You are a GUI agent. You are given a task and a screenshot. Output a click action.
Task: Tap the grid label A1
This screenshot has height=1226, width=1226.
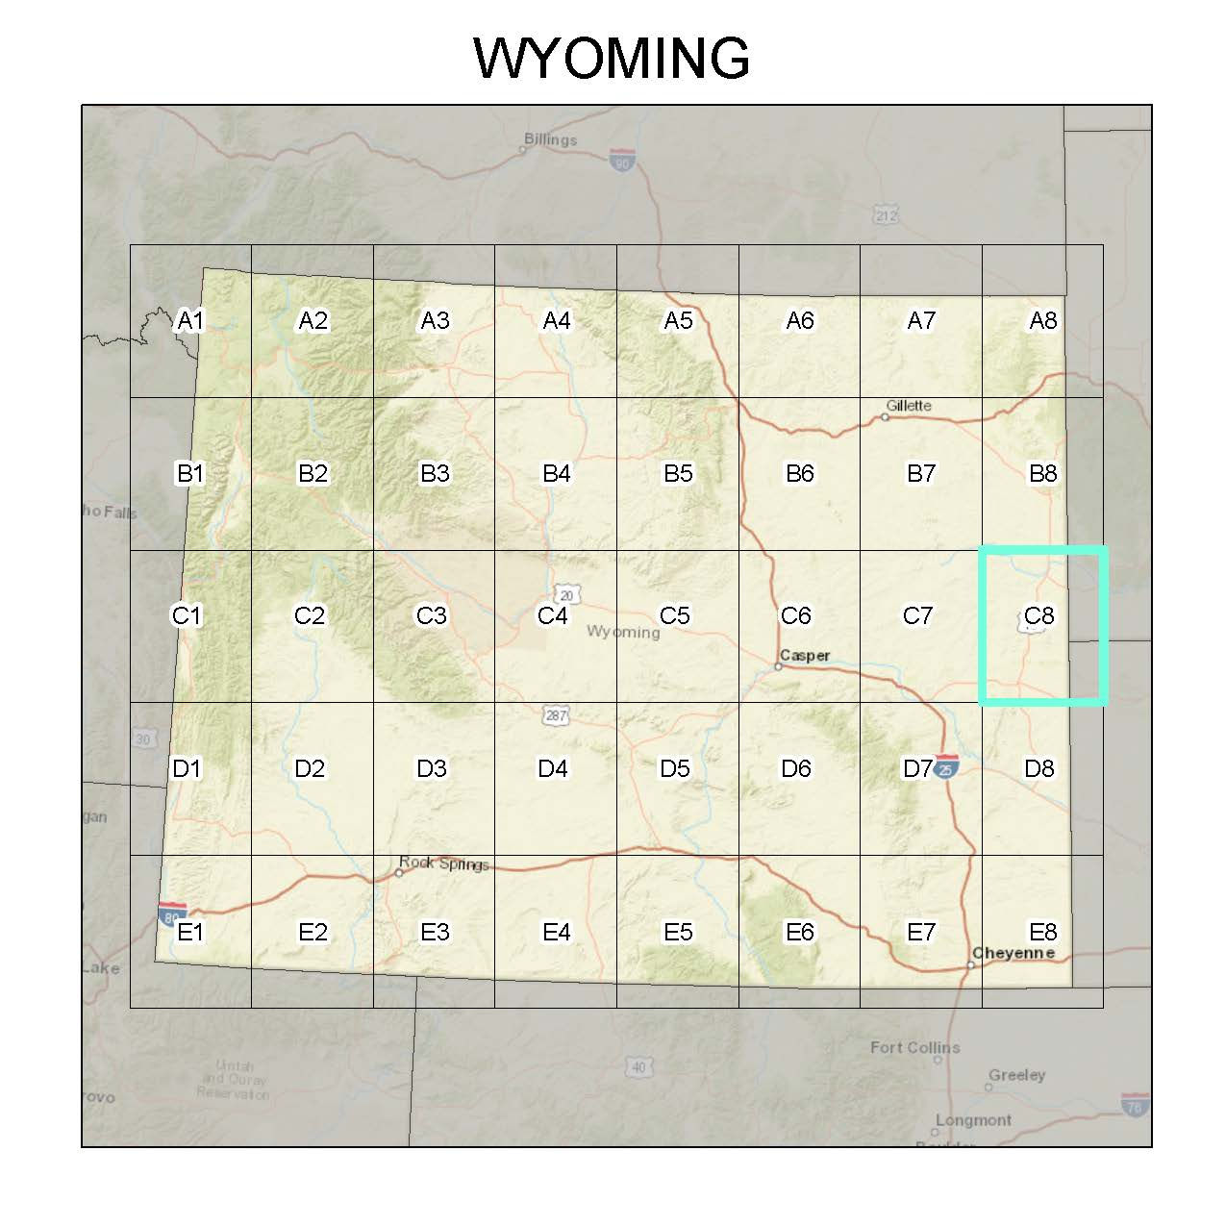tap(190, 320)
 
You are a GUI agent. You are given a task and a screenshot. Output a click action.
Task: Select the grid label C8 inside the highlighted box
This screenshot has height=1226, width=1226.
tap(1039, 615)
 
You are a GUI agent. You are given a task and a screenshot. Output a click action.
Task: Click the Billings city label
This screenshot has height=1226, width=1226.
tap(550, 139)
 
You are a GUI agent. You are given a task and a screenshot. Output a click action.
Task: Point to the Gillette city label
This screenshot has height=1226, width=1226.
tap(909, 406)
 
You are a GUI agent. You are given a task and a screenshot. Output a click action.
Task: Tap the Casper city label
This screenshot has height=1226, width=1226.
tap(805, 656)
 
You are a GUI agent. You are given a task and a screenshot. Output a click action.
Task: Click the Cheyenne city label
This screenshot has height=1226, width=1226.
tap(1013, 953)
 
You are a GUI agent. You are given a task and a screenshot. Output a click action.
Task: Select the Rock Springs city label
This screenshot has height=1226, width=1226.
tap(444, 863)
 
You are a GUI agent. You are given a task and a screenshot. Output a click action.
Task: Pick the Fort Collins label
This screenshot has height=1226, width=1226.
tap(914, 1047)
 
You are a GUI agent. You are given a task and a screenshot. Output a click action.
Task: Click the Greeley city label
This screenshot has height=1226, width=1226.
tap(1016, 1075)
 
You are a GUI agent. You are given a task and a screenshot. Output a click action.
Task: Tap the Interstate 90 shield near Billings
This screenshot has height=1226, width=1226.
tap(622, 160)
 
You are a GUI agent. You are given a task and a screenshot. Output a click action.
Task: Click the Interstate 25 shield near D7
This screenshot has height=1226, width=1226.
tap(947, 765)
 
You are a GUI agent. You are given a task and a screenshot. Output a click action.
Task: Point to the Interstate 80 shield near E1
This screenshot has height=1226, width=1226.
tap(171, 913)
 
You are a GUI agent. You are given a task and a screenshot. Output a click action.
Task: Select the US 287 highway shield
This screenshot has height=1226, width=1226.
tap(556, 715)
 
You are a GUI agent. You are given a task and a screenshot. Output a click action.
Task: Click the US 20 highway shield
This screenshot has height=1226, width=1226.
tap(567, 595)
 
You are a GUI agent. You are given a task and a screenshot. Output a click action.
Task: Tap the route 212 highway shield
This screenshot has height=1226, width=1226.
tap(886, 214)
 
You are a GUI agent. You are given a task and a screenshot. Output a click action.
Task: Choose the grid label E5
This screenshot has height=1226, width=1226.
tap(678, 932)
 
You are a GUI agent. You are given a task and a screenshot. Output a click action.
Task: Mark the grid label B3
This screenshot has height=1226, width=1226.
tap(435, 473)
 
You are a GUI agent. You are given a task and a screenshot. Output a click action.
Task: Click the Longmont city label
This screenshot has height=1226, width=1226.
tap(972, 1120)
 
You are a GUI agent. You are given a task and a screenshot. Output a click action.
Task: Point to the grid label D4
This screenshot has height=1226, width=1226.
tap(553, 768)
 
